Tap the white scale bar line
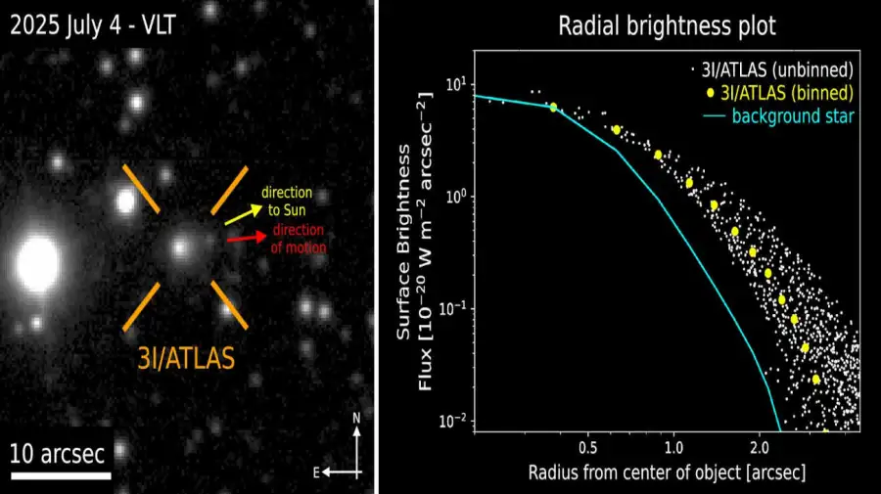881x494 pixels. click(x=61, y=475)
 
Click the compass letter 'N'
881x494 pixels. click(x=357, y=418)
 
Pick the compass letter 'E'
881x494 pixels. click(x=315, y=472)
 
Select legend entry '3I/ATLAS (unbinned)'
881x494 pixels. click(x=775, y=70)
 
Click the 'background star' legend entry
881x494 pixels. click(x=789, y=117)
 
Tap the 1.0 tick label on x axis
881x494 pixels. click(x=672, y=447)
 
